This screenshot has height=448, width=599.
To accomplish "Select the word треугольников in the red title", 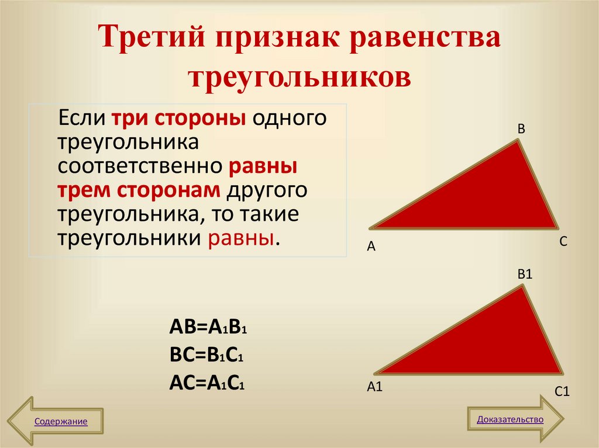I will coord(299,77).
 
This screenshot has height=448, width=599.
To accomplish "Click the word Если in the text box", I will coord(80,119).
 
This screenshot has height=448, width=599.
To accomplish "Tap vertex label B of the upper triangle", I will coord(521,129).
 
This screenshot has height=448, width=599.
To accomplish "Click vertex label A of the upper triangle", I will coord(370,247).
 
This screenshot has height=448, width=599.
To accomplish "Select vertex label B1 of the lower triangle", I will coord(524,273).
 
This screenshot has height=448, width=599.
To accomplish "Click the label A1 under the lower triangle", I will coord(374,386).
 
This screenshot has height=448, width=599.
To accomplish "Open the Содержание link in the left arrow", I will coord(61,421).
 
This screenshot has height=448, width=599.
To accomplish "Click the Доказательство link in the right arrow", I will coord(510,419).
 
